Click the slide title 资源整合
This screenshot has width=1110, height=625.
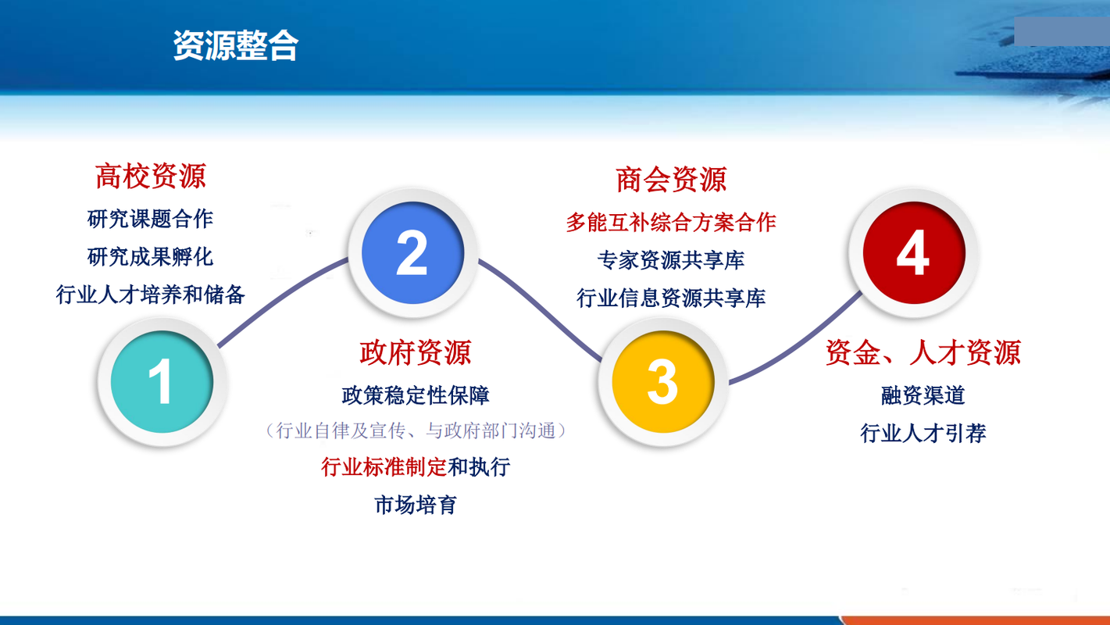pos(235,45)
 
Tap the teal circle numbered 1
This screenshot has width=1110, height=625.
pos(162,382)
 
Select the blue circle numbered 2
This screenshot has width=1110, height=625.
pos(412,253)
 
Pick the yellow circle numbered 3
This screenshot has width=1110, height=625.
pos(663,382)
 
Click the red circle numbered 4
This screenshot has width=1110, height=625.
pos(914,253)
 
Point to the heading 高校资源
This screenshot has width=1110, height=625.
pos(151,176)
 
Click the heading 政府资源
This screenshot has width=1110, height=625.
pos(416,352)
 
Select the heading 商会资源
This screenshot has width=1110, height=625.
pos(671,180)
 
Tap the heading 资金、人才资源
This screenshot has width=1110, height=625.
pos(923,352)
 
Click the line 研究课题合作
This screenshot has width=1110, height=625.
pos(150,219)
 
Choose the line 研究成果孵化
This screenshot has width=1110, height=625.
pos(150,257)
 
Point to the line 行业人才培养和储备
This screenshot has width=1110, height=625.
pos(150,295)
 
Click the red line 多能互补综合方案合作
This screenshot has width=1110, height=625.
pos(671,222)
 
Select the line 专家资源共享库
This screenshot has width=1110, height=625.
pos(671,260)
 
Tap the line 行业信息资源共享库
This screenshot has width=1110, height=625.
pos(671,298)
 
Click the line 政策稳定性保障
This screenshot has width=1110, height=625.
pos(416,395)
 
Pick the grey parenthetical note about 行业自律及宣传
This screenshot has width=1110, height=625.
pos(416,430)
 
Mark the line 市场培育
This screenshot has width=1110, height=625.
pos(416,505)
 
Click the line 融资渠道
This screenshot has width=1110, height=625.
pos(923,395)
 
